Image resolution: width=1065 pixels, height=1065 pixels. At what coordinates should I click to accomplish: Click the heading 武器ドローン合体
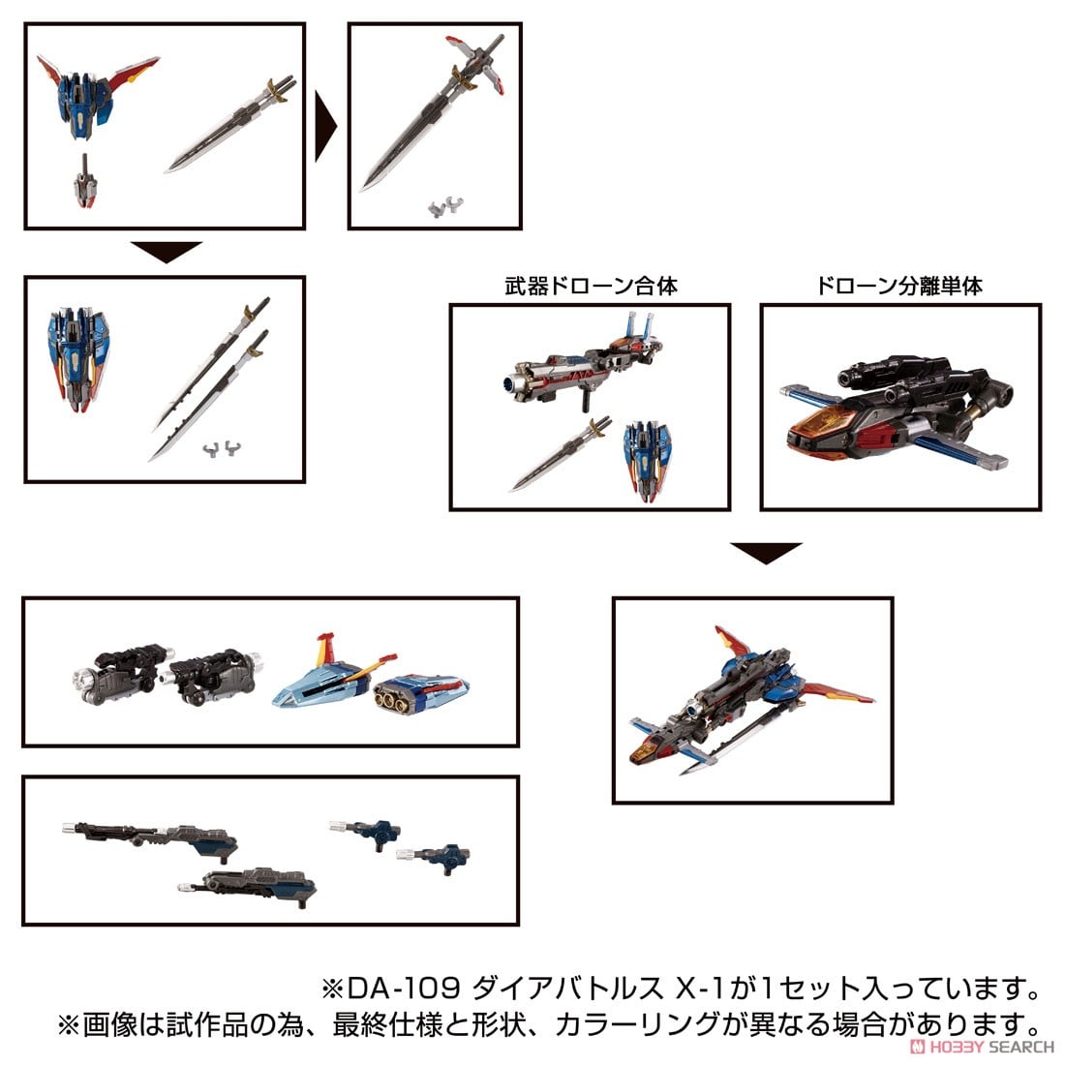[590, 287]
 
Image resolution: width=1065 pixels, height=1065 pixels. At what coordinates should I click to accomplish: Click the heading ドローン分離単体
[899, 287]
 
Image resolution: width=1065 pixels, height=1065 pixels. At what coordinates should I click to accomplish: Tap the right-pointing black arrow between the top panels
[326, 126]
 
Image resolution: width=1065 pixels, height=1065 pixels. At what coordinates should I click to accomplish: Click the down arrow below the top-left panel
[166, 253]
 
